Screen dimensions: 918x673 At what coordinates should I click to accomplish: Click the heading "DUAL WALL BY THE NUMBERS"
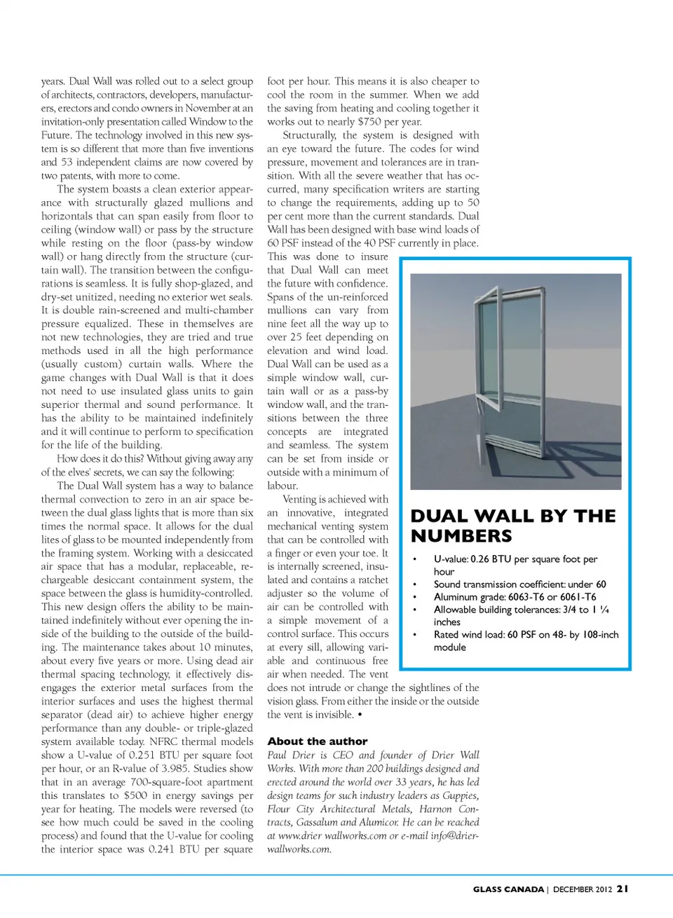click(x=512, y=526)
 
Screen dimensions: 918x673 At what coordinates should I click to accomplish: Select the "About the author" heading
click(x=317, y=741)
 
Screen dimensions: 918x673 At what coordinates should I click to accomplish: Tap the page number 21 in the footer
click(x=623, y=889)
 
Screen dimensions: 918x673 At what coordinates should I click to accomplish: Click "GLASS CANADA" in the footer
click(x=508, y=889)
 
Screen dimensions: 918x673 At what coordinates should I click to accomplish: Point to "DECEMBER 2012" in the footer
click(x=583, y=889)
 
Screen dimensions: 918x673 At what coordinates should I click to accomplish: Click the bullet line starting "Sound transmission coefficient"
click(x=519, y=584)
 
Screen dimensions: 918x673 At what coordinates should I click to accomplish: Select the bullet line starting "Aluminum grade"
click(x=515, y=597)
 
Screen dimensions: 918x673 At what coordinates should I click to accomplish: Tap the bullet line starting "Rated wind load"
click(x=526, y=635)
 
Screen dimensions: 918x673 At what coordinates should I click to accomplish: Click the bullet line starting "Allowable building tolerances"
click(x=521, y=610)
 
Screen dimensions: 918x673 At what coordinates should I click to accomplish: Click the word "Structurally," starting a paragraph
click(x=309, y=135)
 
